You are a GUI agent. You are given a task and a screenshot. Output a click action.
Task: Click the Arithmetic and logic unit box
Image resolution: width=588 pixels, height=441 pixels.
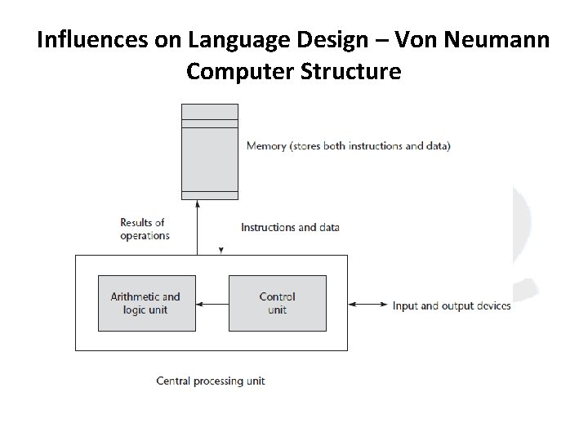point(146,303)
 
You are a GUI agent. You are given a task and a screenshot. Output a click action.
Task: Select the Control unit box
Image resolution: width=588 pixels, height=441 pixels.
point(277,303)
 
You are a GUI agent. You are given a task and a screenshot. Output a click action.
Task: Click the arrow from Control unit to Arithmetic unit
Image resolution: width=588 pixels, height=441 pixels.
point(212,305)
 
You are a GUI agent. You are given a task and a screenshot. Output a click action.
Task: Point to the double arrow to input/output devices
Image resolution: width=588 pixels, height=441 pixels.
point(368,305)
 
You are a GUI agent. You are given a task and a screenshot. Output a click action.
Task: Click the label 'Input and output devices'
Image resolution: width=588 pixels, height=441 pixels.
point(452,306)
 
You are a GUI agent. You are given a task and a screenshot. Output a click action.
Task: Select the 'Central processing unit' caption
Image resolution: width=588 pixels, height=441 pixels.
point(211,381)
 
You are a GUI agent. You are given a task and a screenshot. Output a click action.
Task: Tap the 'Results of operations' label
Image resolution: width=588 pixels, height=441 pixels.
point(145,229)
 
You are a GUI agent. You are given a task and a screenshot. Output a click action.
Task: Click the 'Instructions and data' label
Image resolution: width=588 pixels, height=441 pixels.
point(290,228)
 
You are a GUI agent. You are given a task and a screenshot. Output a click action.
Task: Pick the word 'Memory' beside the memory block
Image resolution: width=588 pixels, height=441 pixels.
point(266,146)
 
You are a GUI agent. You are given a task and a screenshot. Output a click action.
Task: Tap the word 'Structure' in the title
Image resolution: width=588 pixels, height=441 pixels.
point(360,72)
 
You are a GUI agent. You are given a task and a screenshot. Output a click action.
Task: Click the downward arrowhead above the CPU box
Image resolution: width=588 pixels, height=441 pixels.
point(221,250)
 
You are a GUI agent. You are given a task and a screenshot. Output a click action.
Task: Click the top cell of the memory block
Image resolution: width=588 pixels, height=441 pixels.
point(209,112)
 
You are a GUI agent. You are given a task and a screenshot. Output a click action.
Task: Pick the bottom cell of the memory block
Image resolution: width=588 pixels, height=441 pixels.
point(209,195)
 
